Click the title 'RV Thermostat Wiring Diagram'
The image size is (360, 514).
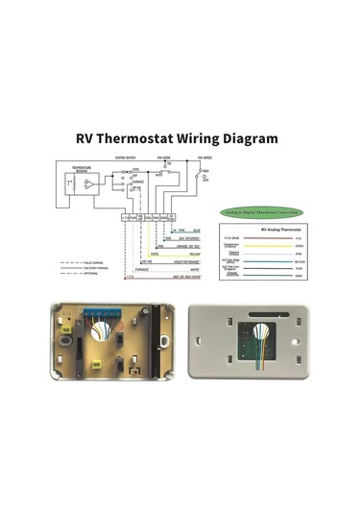179,137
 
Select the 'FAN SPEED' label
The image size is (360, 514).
204,157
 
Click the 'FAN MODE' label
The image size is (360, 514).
166,157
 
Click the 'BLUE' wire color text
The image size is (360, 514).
196,231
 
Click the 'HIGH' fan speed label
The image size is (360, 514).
205,170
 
